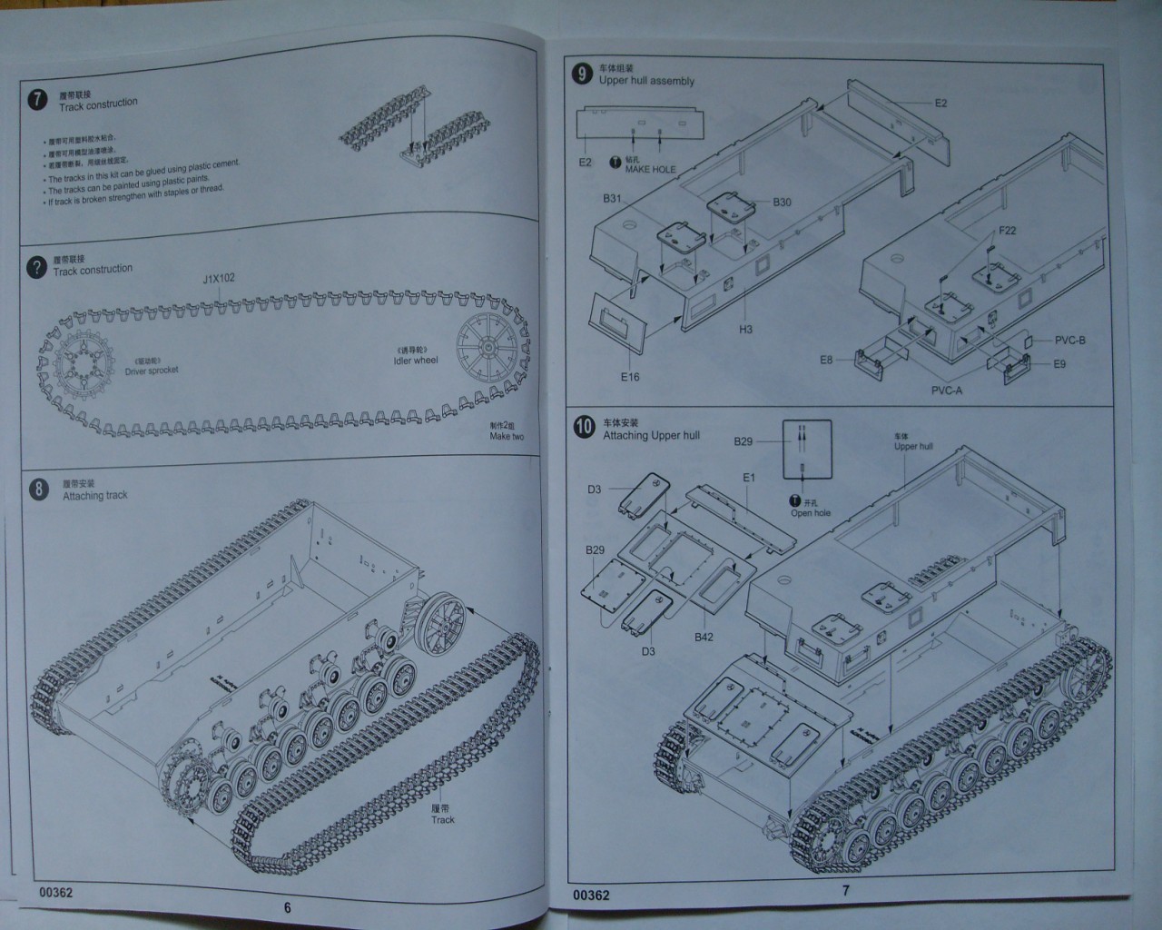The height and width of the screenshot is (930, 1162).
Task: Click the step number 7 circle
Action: coord(36,100)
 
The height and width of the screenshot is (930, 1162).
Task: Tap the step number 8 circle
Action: coord(38,490)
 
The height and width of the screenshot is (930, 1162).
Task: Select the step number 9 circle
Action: coord(581,74)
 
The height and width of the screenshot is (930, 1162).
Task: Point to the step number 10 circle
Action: coord(584,427)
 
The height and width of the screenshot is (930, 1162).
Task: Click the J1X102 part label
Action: coord(218,278)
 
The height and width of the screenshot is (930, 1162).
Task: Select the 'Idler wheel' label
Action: coord(416,361)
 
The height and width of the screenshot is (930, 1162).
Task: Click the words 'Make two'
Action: coord(507,436)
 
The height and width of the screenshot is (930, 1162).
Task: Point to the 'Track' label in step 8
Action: coord(443,819)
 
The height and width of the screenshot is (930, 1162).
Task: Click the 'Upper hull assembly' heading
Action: coord(646,81)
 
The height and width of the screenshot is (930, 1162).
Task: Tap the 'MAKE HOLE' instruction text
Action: coord(650,170)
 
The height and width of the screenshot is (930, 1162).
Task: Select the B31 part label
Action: coord(612,199)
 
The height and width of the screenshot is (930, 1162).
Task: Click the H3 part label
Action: coord(745,330)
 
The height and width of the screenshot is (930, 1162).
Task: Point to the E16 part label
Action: coord(630,377)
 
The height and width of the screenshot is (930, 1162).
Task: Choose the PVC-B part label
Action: coord(1069,341)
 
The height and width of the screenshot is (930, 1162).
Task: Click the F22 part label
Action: coord(1007,231)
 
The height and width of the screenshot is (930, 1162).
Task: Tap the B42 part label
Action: coord(704,638)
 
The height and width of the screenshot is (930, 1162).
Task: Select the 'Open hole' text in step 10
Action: coord(811,513)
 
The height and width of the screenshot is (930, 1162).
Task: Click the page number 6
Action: coord(288,907)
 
